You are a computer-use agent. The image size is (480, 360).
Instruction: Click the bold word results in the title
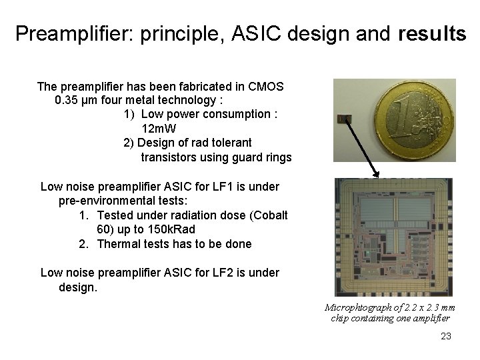(x=429, y=34)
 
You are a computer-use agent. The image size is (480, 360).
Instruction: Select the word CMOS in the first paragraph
(x=266, y=86)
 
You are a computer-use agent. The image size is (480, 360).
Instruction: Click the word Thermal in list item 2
(x=119, y=244)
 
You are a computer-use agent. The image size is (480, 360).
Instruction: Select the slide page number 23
(x=446, y=336)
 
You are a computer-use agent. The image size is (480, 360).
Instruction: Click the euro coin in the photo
(x=414, y=120)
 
